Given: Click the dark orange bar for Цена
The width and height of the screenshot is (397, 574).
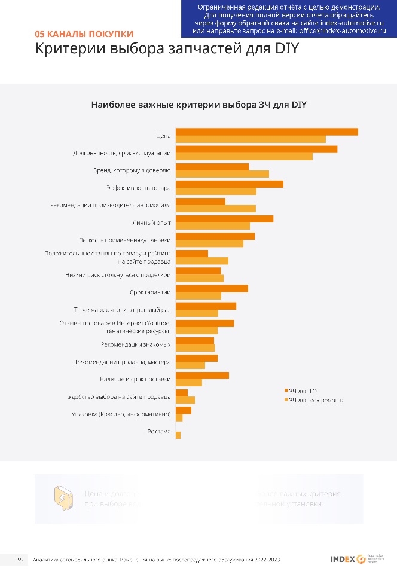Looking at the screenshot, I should click(x=267, y=132).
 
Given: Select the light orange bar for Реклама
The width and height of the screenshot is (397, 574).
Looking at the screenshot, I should click(x=178, y=435).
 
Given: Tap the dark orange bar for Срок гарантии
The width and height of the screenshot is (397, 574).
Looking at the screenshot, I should click(x=212, y=288).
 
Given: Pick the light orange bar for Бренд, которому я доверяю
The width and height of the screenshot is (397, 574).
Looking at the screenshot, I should click(x=222, y=174).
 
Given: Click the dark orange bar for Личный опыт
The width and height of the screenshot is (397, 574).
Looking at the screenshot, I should click(x=224, y=219).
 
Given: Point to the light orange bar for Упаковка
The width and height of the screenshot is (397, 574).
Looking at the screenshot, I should click(x=179, y=418).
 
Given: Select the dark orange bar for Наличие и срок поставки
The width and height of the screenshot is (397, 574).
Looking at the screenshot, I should click(x=202, y=375).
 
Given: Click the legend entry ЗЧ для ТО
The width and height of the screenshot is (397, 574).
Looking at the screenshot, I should click(x=303, y=390).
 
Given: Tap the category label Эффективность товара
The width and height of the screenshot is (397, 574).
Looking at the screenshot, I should click(x=139, y=188).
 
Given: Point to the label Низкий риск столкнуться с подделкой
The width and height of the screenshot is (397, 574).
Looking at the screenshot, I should click(x=118, y=275).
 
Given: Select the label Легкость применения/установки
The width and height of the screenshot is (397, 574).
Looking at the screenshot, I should click(x=125, y=240).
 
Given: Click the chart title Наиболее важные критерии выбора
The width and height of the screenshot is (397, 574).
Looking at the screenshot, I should click(x=198, y=105).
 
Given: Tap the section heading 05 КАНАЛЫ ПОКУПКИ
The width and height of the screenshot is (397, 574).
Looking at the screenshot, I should click(x=84, y=34).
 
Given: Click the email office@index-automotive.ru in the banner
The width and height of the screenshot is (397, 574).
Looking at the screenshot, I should click(x=342, y=29).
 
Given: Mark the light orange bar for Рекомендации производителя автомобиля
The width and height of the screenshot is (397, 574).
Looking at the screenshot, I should click(x=216, y=209).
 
